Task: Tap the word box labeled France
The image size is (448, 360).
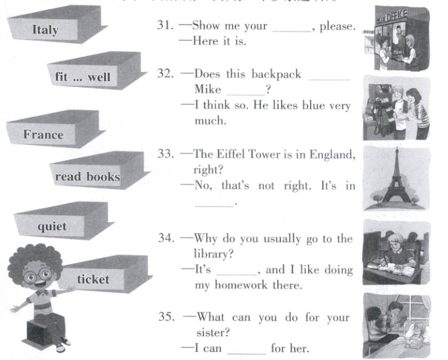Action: (43, 135)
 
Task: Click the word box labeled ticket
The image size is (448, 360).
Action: (93, 279)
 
